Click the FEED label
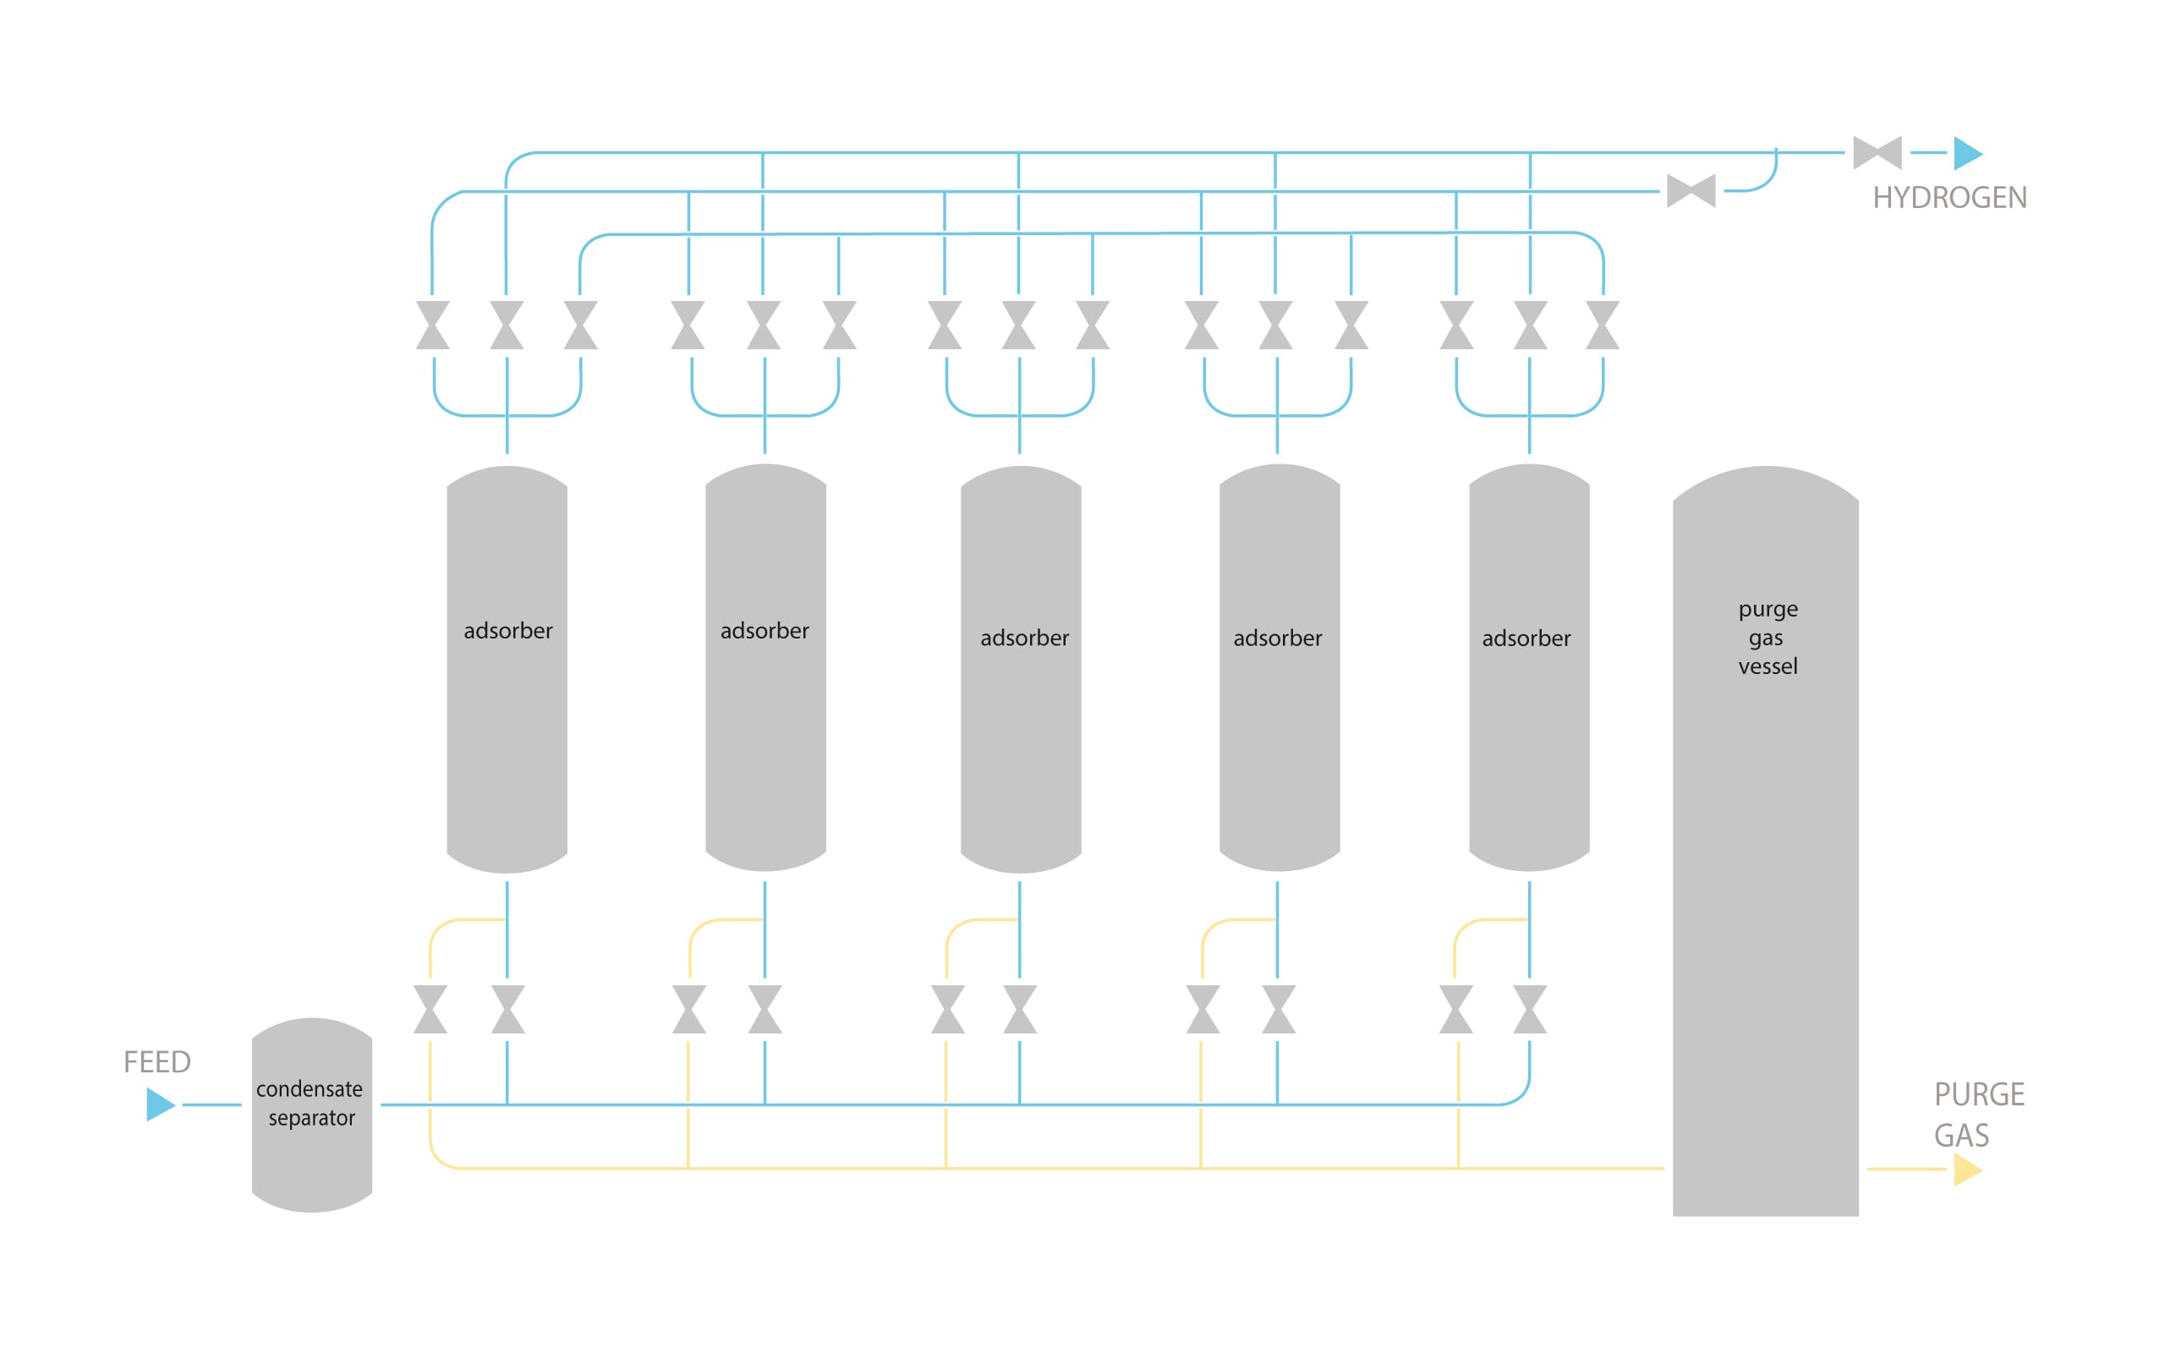[156, 1062]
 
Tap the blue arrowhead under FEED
[159, 1105]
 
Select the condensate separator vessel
[311, 1114]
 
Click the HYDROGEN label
[1949, 198]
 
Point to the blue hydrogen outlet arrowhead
[1967, 153]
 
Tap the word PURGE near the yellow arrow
[1979, 1094]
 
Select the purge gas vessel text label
[1767, 638]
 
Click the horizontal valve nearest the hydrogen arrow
[1877, 153]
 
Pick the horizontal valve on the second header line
[1691, 191]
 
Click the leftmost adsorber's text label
[507, 630]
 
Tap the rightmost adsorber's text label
[1526, 639]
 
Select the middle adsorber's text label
[1024, 639]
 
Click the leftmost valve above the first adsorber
[432, 325]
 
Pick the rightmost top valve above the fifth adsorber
[1602, 325]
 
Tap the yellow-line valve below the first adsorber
[430, 1009]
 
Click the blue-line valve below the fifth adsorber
[1529, 1009]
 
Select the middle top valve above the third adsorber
[1018, 325]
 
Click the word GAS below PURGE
[1961, 1136]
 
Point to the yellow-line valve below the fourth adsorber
[1203, 1009]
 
